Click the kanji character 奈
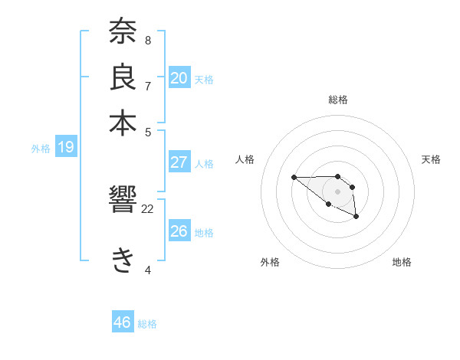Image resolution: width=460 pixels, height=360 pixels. [123, 33]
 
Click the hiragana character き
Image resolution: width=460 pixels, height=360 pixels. [123, 260]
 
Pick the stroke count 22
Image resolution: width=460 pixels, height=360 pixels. [148, 208]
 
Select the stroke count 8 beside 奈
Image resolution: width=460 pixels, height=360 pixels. [147, 40]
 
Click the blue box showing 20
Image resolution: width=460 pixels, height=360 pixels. [179, 77]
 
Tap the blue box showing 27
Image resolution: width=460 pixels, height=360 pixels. [179, 162]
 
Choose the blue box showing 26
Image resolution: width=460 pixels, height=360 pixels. [179, 231]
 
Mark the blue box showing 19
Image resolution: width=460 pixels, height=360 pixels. [66, 147]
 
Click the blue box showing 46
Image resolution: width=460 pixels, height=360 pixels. [123, 322]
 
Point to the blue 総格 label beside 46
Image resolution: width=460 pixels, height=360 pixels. [147, 324]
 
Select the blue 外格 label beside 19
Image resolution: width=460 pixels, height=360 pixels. [41, 149]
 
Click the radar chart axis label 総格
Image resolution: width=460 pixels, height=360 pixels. [338, 100]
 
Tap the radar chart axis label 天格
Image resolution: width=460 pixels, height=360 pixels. [431, 159]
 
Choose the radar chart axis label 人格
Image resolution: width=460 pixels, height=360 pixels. [245, 159]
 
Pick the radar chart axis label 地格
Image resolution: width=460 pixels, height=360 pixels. [402, 262]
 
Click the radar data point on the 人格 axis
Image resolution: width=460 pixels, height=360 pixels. [294, 177]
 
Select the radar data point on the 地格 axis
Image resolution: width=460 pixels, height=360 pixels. [356, 218]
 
